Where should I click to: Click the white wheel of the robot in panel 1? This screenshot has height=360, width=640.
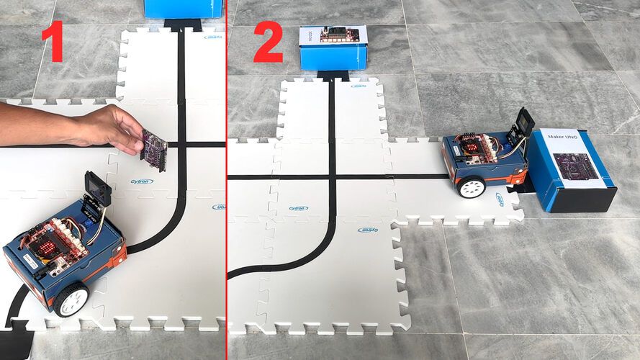[x=71, y=298]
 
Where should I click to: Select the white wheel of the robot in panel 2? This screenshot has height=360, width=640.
[x=472, y=187]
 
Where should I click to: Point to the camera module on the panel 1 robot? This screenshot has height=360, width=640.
[x=98, y=189]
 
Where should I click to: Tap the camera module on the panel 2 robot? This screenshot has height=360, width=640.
[x=523, y=124]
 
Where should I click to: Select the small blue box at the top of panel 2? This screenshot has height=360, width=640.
[x=333, y=48]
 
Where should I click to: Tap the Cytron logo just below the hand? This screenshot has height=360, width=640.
[x=142, y=181]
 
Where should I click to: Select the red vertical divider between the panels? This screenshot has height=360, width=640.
[x=227, y=180]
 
